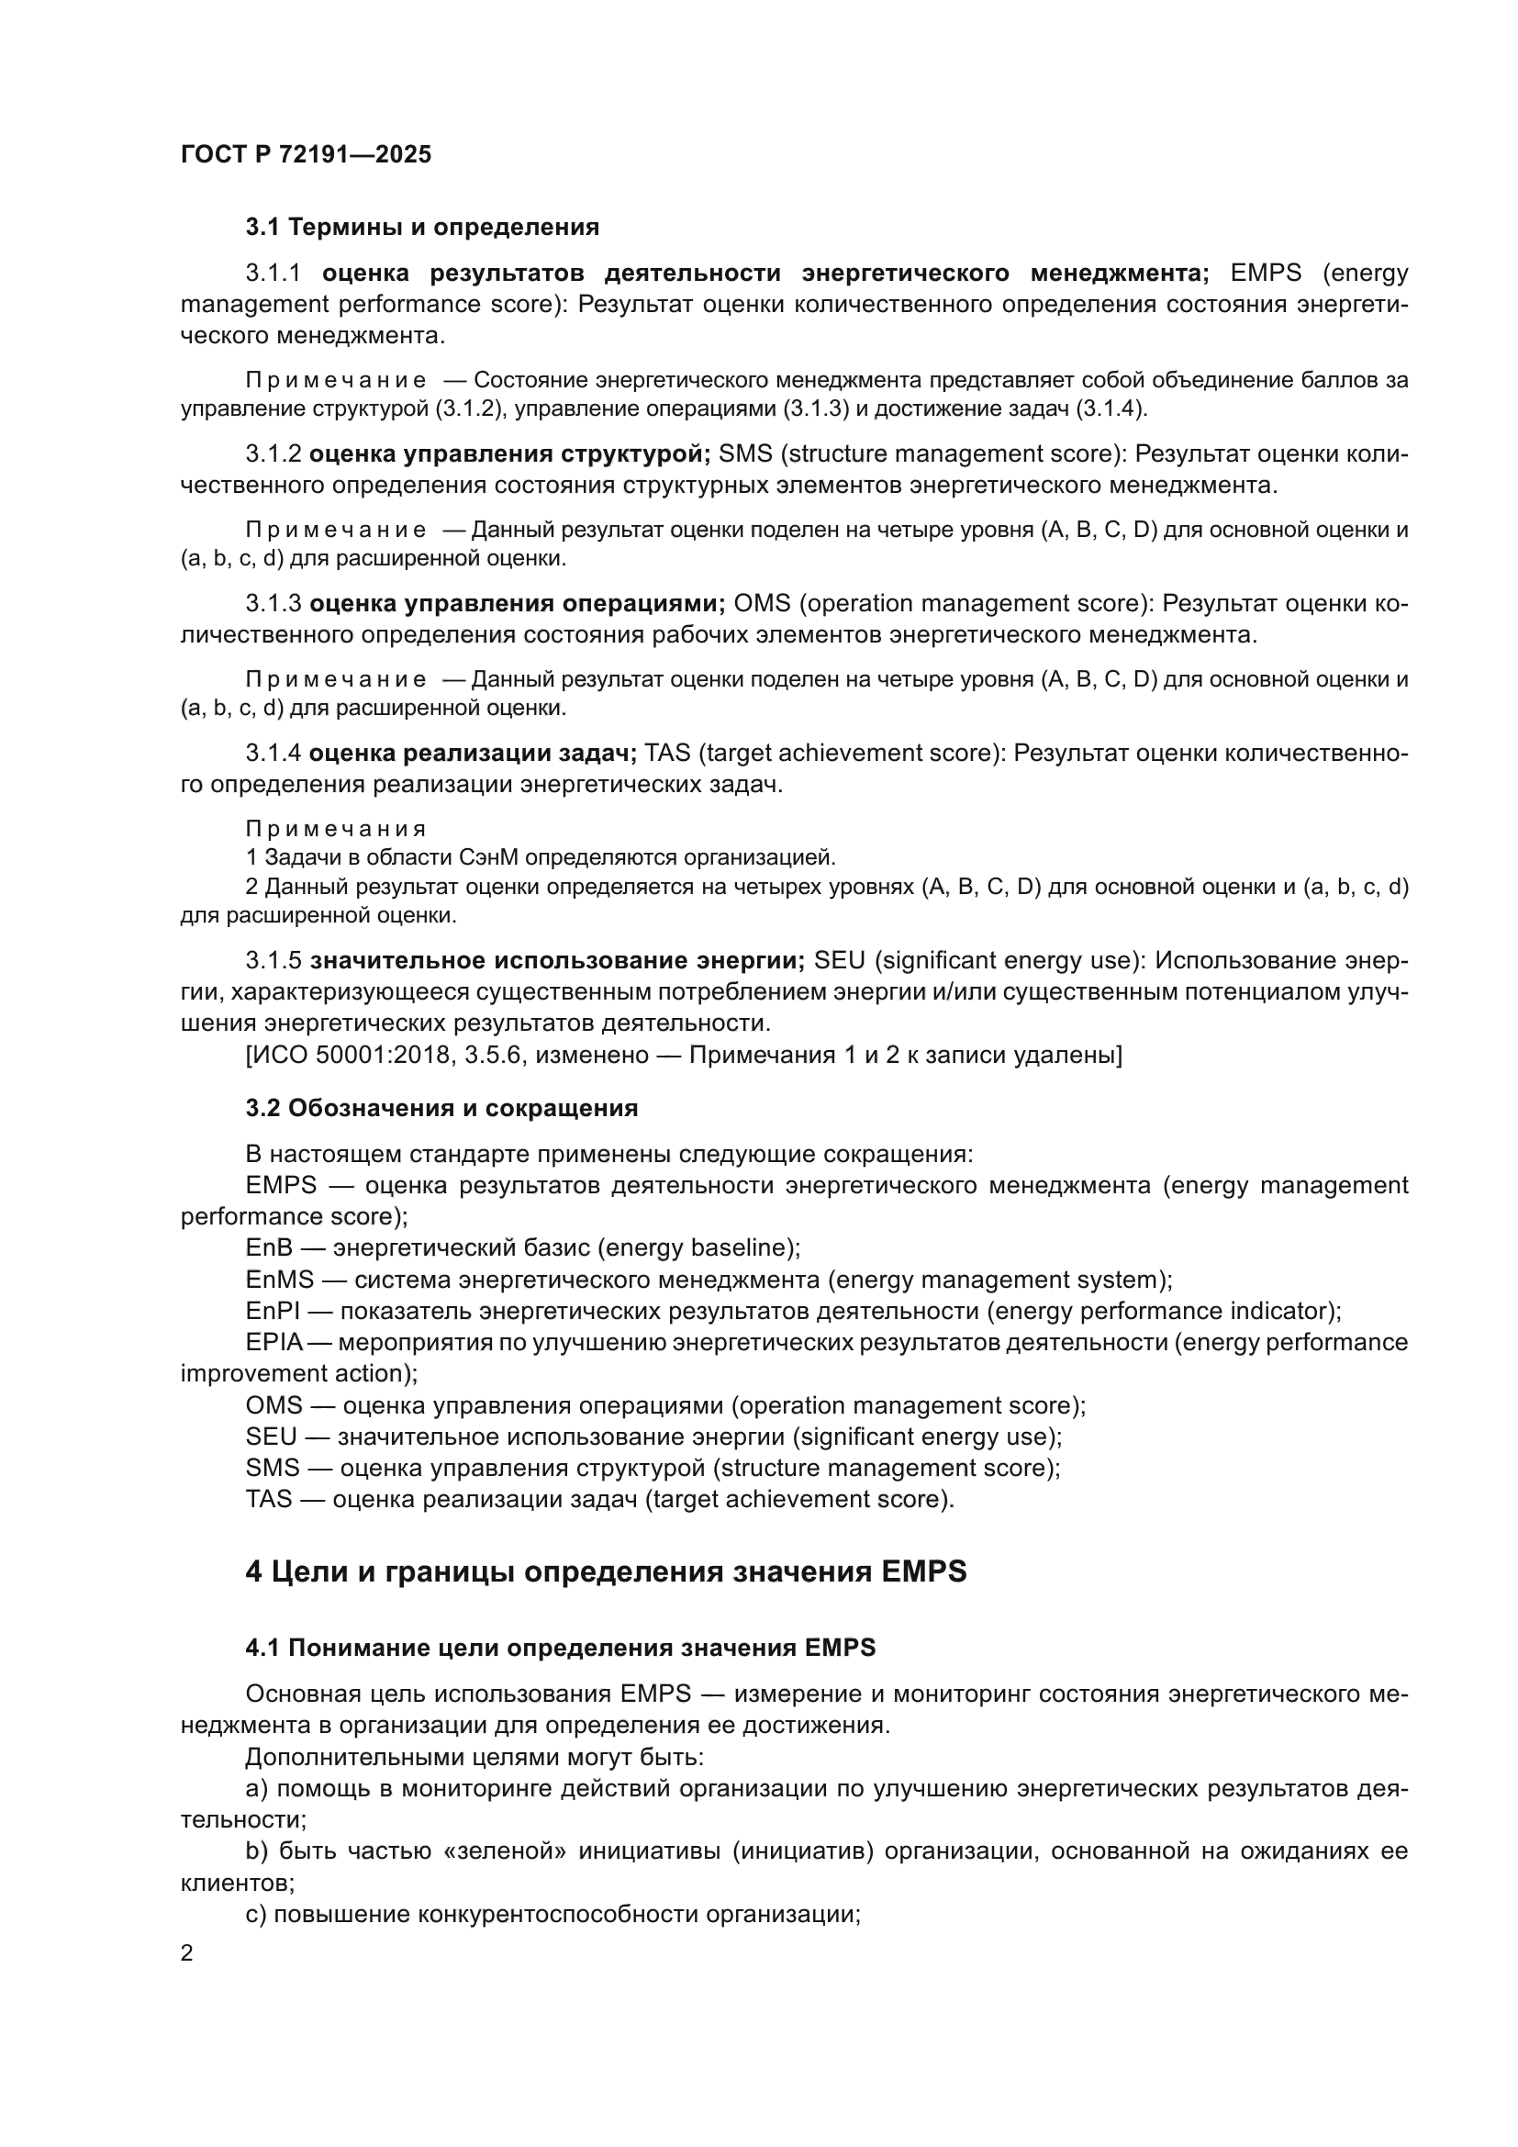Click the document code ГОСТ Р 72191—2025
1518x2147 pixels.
[306, 155]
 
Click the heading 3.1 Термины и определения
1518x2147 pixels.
[421, 228]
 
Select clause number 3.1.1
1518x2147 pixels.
[273, 273]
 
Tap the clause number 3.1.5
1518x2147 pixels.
[273, 960]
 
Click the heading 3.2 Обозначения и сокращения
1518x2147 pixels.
[441, 1108]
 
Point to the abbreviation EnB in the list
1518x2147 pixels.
[268, 1247]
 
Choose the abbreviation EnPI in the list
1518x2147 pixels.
[272, 1311]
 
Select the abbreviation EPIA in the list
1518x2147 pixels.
[273, 1343]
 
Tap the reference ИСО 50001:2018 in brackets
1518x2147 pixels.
[375, 1056]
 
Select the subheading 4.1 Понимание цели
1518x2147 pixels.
[561, 1648]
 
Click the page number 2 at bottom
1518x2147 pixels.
[187, 1953]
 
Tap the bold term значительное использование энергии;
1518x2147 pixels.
[557, 960]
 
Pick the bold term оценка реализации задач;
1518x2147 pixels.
[473, 753]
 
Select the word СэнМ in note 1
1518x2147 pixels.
[486, 857]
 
